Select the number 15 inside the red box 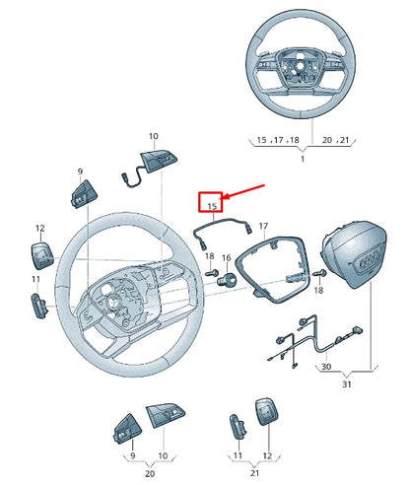[x=209, y=205]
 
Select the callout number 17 [x=263, y=227]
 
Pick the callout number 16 [x=227, y=258]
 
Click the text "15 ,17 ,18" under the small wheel [x=278, y=141]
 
